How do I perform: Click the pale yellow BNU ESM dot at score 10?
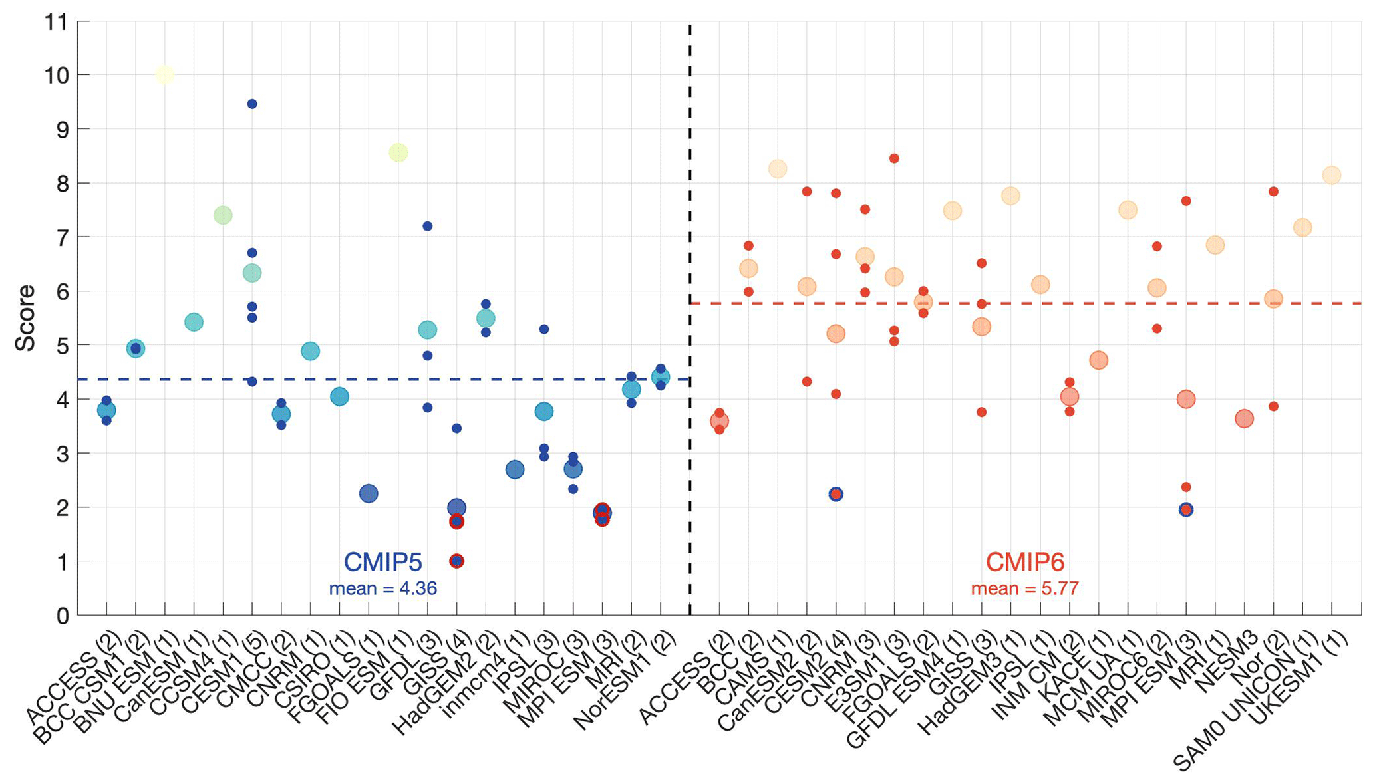(165, 74)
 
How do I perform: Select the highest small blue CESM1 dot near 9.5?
(252, 104)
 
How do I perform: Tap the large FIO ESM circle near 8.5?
(398, 153)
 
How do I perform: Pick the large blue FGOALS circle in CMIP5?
(369, 493)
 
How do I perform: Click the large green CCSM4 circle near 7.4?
(223, 215)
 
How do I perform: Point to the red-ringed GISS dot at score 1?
(456, 561)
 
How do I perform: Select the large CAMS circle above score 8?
(778, 169)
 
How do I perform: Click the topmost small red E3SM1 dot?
(894, 158)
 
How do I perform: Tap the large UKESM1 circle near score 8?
(1331, 176)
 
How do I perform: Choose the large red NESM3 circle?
(1244, 419)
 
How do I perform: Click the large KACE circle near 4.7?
(1098, 360)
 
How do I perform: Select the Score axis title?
(26, 318)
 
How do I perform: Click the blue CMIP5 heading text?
(382, 563)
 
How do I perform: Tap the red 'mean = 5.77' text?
(1024, 588)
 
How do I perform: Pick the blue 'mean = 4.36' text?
(382, 588)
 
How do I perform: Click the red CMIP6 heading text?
(1024, 563)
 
